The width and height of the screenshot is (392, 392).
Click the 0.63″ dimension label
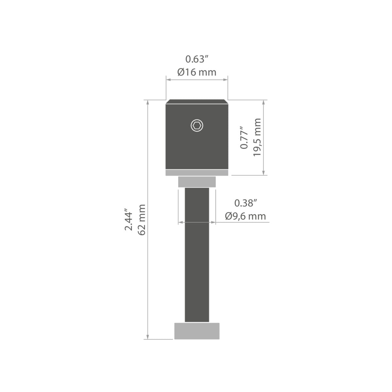[x=197, y=59]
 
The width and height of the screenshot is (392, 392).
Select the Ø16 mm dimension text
[x=197, y=72]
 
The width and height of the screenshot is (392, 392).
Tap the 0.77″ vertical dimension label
[x=244, y=138]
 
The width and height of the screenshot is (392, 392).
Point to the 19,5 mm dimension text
[x=257, y=137]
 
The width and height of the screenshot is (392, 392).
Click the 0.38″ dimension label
[x=246, y=203]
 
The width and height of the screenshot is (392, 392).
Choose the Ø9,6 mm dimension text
[x=246, y=216]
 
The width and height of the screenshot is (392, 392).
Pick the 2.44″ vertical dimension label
[x=128, y=219]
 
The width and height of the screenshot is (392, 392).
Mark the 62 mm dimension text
[x=141, y=220]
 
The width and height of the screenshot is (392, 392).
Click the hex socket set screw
[x=197, y=125]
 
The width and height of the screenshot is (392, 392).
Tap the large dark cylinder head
[x=197, y=135]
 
